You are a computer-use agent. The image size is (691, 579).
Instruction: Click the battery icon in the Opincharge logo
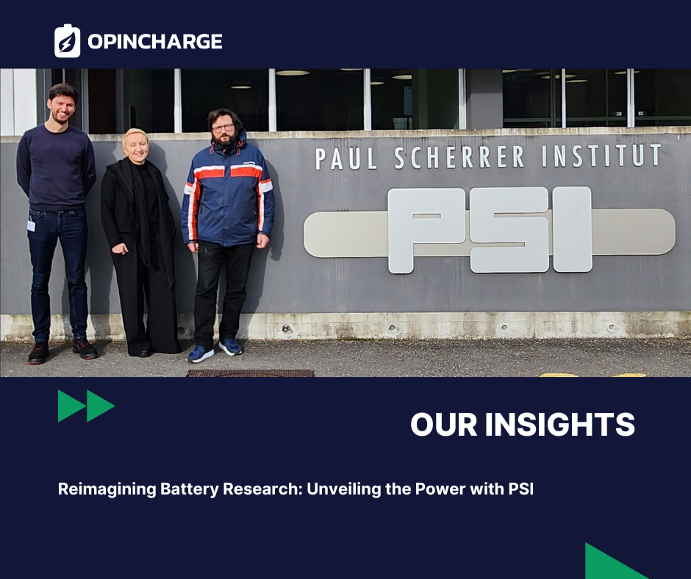67,41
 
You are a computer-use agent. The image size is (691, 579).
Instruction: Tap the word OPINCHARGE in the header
154,41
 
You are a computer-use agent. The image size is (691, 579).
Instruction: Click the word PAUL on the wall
346,159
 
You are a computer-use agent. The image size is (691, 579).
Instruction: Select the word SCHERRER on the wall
459,157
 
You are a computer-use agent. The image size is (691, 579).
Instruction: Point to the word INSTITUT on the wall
601,156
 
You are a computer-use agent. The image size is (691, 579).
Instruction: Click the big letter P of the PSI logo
426,229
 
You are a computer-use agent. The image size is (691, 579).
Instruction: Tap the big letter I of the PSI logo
572,229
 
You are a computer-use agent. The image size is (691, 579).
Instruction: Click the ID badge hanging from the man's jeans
31,226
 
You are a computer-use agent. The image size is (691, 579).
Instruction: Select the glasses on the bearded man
223,129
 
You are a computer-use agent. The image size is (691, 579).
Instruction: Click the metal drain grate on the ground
251,373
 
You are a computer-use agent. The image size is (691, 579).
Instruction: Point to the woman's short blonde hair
135,136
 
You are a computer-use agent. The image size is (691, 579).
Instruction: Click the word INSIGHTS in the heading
559,425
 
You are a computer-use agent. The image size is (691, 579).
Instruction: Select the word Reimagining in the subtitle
107,489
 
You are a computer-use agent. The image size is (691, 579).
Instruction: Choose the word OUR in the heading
444,425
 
